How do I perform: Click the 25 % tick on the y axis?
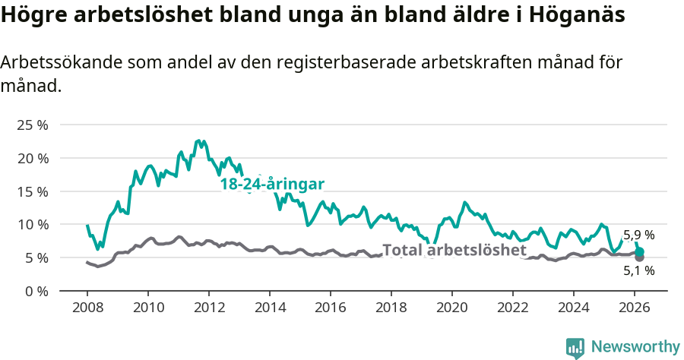(x=33, y=125)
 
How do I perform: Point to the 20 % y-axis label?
(x=33, y=158)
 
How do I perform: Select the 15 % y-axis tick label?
(x=33, y=191)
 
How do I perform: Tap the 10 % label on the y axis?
(x=33, y=224)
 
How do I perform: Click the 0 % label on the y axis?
(x=36, y=291)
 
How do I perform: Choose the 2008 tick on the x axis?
(x=87, y=308)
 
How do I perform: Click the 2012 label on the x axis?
(x=209, y=308)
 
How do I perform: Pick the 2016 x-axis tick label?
(x=331, y=308)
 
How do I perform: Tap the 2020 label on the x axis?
(x=452, y=308)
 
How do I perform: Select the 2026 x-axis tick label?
(x=635, y=308)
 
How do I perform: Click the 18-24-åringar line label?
(x=272, y=185)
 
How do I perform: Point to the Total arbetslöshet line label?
(x=454, y=250)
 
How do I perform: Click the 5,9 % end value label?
(x=638, y=235)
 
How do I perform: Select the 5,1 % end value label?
(x=638, y=270)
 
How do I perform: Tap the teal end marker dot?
(x=639, y=251)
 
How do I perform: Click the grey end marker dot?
(x=639, y=257)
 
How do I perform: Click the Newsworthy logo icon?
(x=575, y=347)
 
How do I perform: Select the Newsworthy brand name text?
(x=635, y=347)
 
